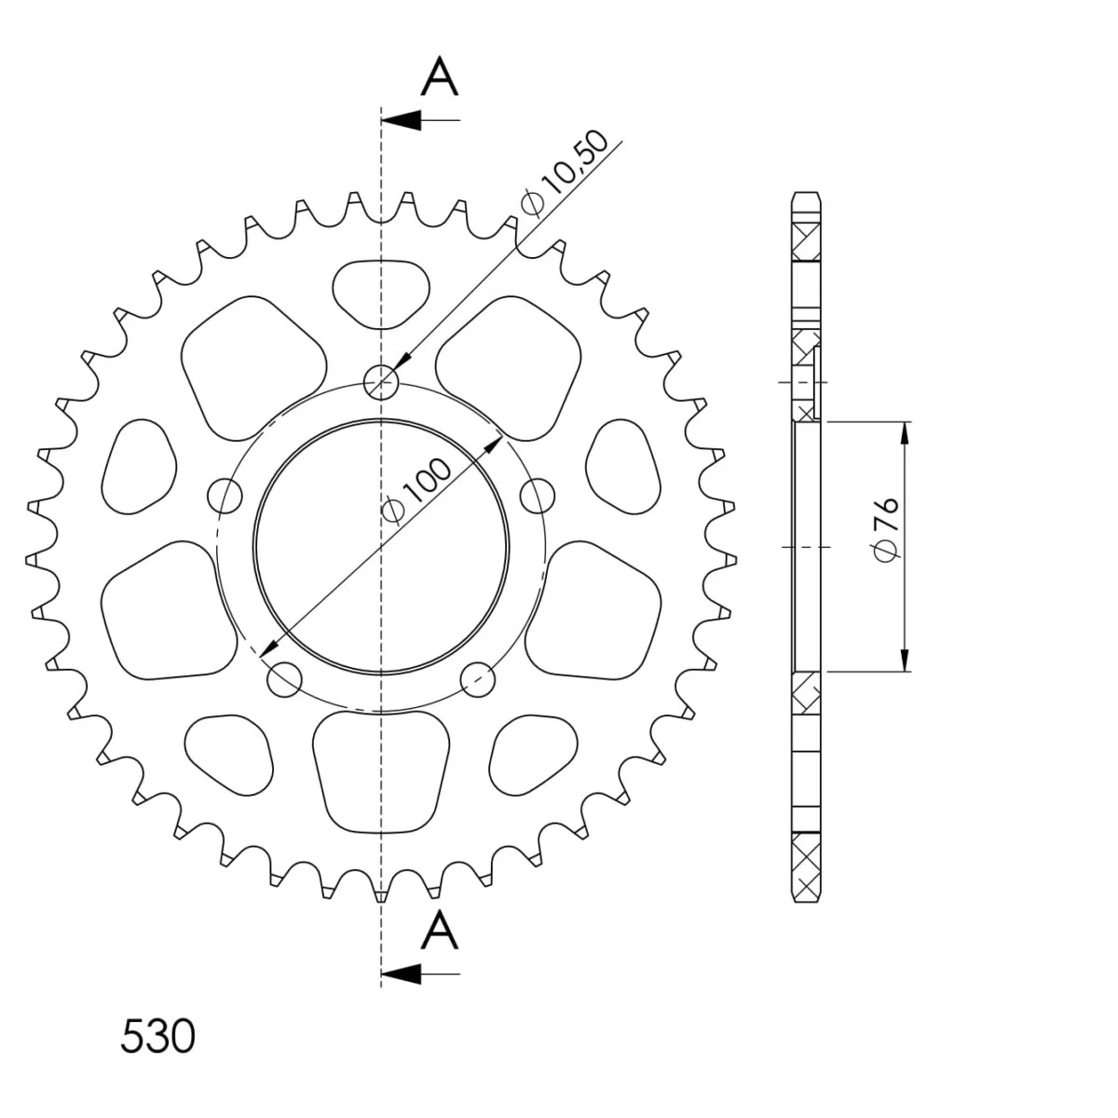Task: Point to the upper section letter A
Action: pyautogui.click(x=440, y=75)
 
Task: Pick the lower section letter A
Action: pyautogui.click(x=440, y=930)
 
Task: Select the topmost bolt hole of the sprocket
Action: pyautogui.click(x=381, y=382)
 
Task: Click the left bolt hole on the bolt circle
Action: pyautogui.click(x=225, y=496)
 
